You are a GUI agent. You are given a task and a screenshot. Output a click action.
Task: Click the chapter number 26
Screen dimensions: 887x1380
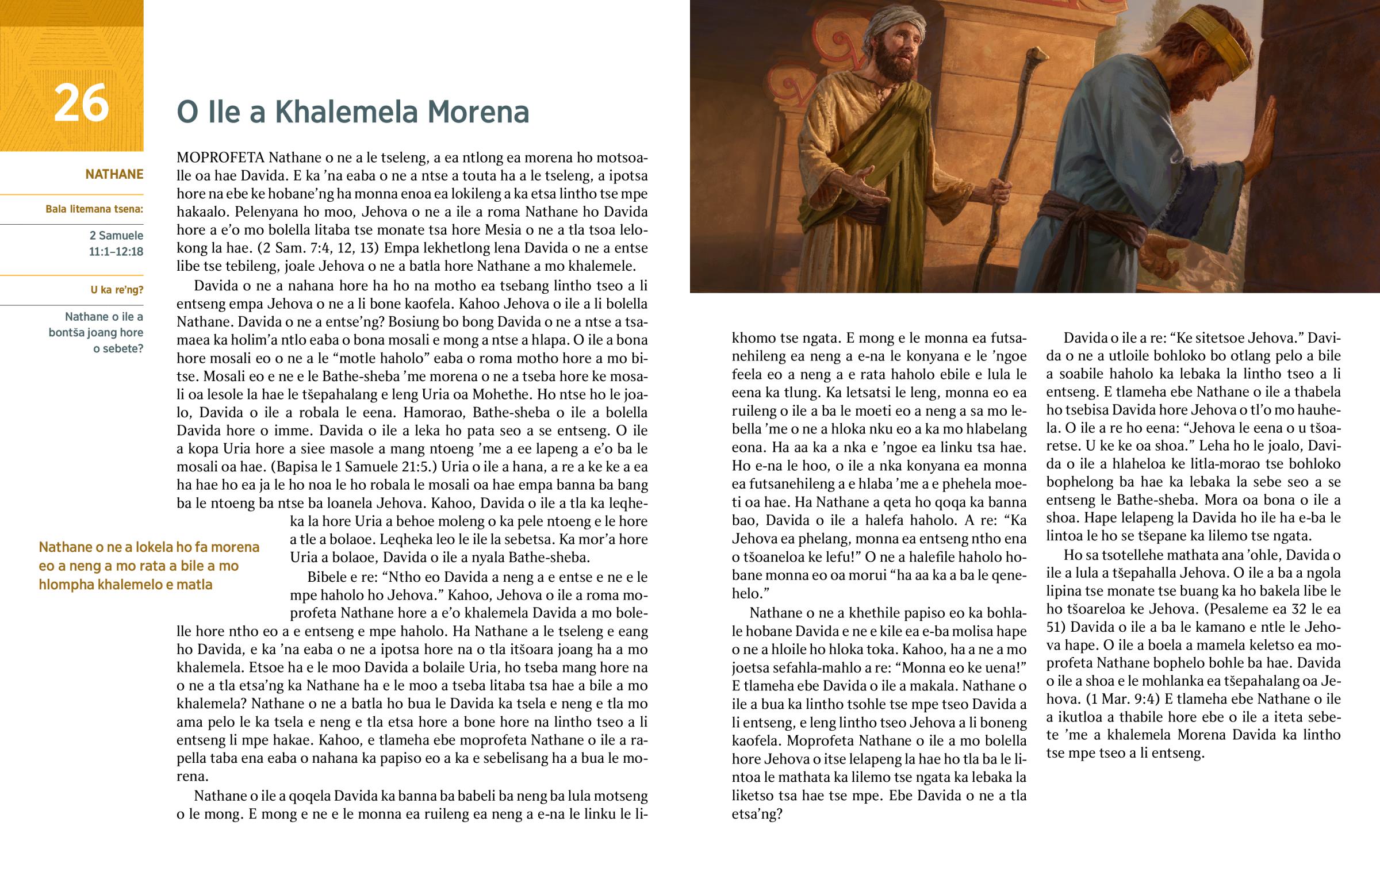(81, 103)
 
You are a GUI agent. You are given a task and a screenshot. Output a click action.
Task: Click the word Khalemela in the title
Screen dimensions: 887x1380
(347, 112)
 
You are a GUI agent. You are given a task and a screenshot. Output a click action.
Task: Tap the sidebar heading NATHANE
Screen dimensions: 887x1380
(114, 174)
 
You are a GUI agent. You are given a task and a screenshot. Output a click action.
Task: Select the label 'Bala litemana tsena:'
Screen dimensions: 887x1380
(94, 209)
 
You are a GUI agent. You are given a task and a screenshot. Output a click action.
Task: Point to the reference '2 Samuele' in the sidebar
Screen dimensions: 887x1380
(116, 235)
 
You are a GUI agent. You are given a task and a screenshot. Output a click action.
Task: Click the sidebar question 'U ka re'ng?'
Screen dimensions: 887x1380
(116, 290)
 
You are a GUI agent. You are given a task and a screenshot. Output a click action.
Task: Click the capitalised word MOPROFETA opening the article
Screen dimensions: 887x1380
(221, 158)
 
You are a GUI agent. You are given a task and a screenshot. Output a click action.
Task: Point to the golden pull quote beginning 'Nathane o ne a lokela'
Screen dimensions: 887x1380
(148, 566)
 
